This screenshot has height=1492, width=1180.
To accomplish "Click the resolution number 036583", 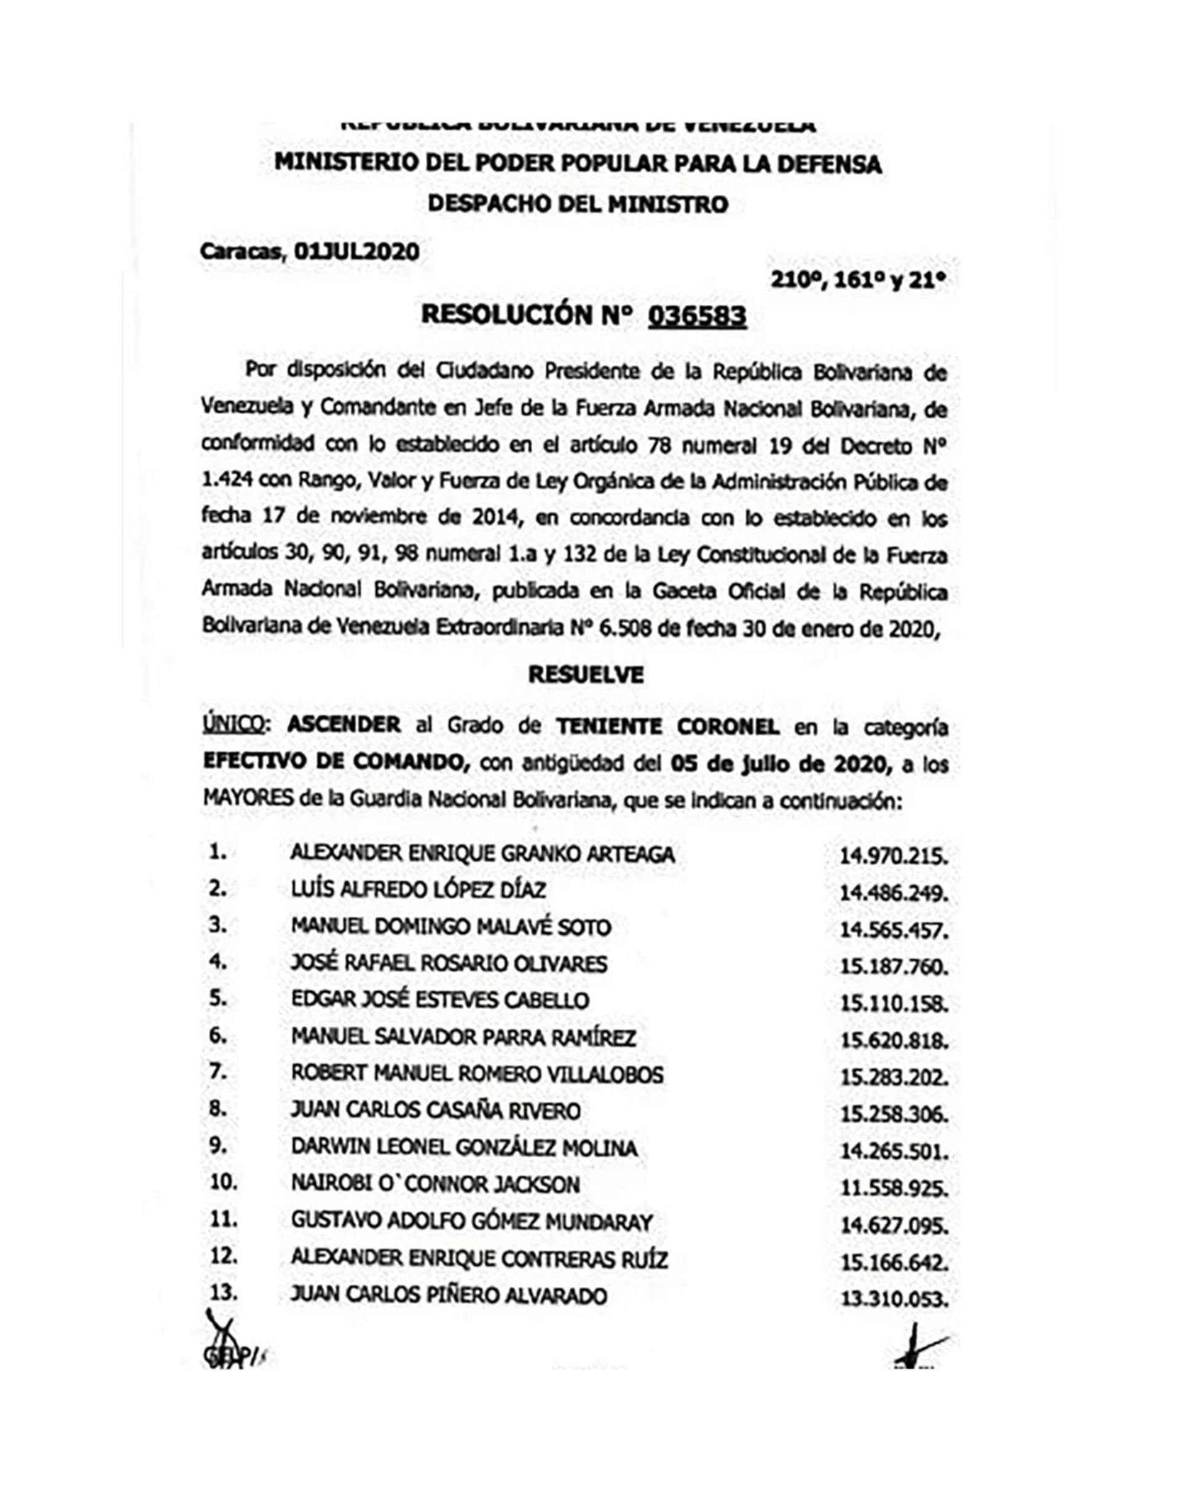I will [697, 316].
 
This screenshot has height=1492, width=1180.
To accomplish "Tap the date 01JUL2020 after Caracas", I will [356, 251].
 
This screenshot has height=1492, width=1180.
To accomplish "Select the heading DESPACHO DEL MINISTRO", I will [578, 205].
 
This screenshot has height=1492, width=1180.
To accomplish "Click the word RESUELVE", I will [586, 675].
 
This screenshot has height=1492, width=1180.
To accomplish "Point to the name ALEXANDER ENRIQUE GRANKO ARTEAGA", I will [482, 854].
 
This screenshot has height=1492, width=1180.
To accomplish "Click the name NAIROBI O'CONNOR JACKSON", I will [435, 1185].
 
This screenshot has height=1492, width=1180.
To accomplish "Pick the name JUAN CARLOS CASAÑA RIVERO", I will [436, 1111].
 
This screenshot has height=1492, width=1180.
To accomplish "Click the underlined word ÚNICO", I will [232, 725].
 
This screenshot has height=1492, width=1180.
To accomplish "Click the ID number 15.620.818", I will [893, 1041].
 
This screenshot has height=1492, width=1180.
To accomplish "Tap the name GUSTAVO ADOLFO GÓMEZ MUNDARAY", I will [472, 1222].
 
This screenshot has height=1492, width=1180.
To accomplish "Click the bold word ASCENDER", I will [344, 725].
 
